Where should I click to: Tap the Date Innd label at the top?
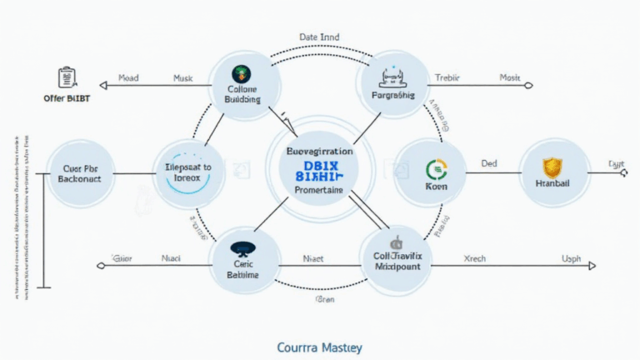click(x=318, y=37)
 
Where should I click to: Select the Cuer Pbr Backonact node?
click(x=79, y=172)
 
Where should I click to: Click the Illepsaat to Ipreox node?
click(x=191, y=172)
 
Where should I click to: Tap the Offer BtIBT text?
click(x=67, y=97)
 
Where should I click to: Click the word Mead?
click(x=128, y=77)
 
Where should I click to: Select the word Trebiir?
click(x=447, y=77)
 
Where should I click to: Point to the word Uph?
click(x=572, y=260)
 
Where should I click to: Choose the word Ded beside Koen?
click(x=489, y=165)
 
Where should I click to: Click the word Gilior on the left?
click(x=122, y=260)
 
